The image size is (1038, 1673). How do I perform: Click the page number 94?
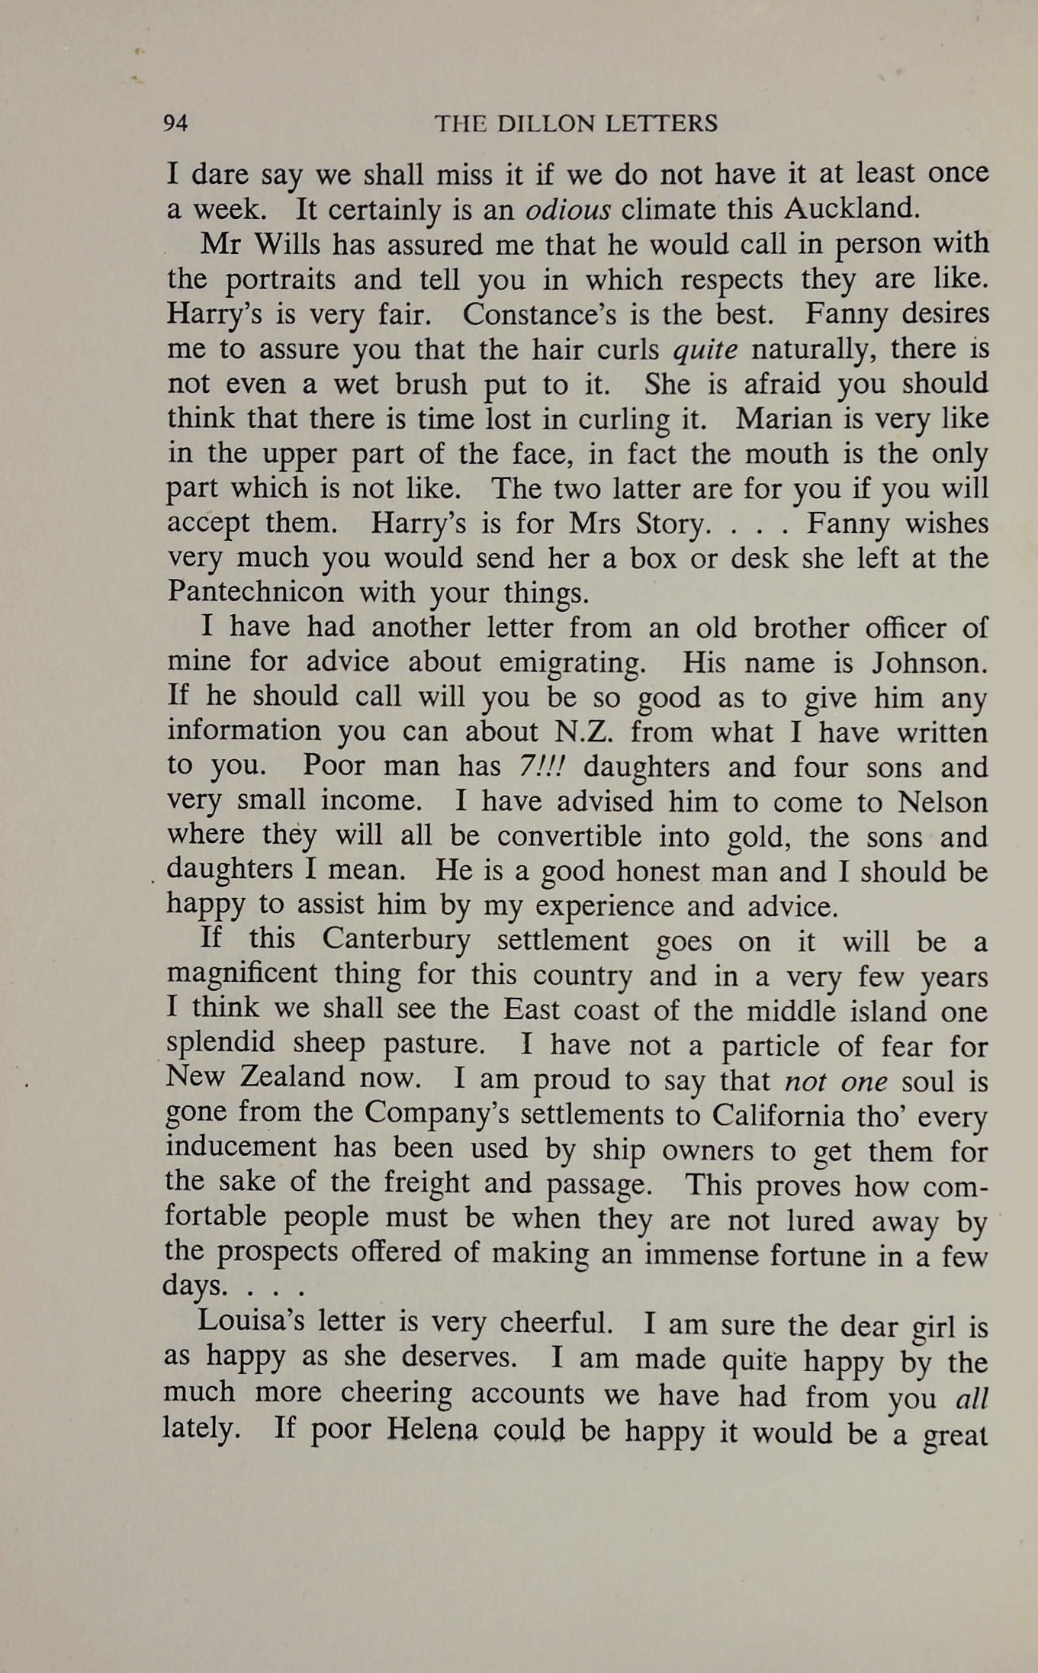(x=175, y=123)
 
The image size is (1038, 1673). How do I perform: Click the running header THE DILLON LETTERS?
(x=576, y=124)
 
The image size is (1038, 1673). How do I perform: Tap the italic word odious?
(x=568, y=209)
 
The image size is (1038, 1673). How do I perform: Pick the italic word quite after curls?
(x=705, y=349)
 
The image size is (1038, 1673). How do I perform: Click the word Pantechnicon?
(x=255, y=592)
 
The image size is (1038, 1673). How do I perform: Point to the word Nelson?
(x=943, y=801)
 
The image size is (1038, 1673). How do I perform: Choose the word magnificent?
(x=241, y=974)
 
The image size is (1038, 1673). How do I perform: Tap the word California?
(x=778, y=1115)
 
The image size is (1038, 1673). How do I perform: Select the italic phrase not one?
(x=836, y=1081)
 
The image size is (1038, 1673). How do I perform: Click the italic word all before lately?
(x=971, y=1398)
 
